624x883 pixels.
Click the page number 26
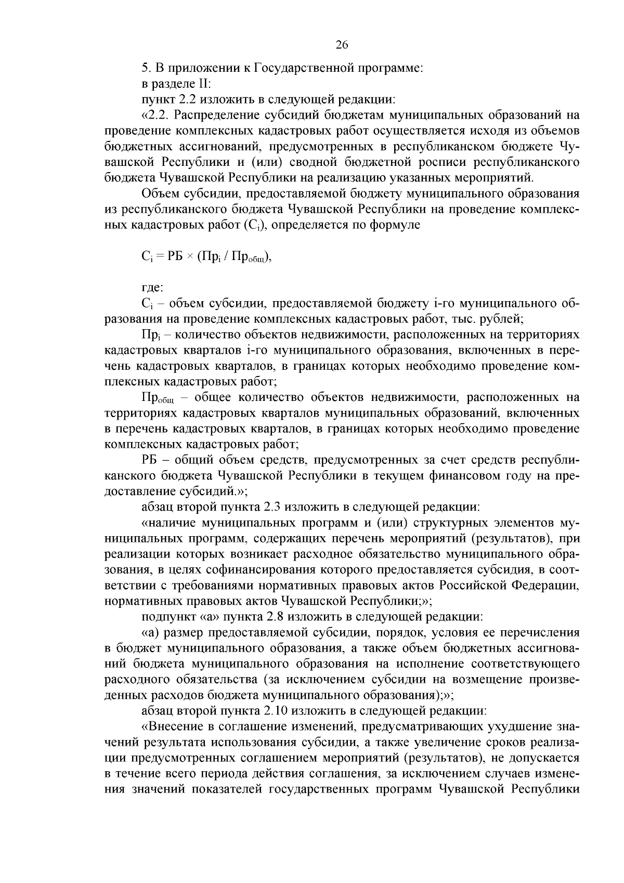(x=342, y=45)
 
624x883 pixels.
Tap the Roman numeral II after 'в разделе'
(x=204, y=83)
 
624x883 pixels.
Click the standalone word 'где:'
(x=152, y=287)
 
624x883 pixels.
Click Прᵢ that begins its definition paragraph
(x=149, y=334)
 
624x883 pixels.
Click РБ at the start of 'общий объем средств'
(x=149, y=460)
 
